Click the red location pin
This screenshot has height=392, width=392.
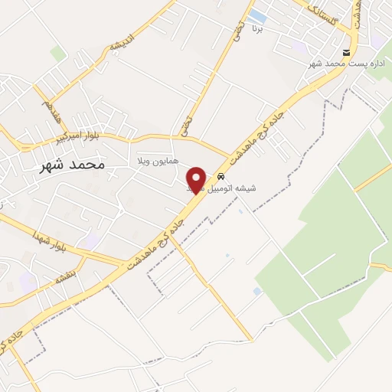tap(197, 179)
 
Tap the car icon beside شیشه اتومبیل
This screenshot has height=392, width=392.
tap(221, 175)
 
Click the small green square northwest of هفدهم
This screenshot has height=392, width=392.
tap(58, 53)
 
